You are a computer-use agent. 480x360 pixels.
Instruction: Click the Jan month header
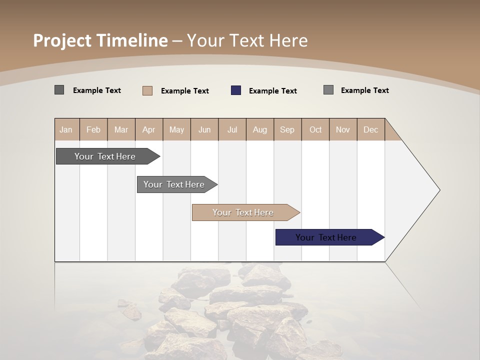click(x=66, y=129)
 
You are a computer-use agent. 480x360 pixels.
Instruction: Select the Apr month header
click(x=148, y=129)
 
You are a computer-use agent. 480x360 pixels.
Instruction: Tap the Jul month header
click(x=232, y=129)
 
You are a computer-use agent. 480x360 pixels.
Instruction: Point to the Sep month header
click(x=287, y=129)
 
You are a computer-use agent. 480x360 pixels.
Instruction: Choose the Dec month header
click(x=370, y=129)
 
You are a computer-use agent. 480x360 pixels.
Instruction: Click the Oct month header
click(x=315, y=129)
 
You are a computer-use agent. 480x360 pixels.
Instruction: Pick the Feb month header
click(x=93, y=129)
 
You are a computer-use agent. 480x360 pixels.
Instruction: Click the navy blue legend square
click(x=236, y=90)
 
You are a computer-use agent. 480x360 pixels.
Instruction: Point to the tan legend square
click(x=147, y=90)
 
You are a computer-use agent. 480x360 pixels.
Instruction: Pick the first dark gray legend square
click(x=59, y=90)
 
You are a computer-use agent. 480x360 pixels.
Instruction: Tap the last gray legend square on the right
click(x=328, y=90)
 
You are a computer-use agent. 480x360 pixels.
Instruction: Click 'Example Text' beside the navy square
click(x=272, y=91)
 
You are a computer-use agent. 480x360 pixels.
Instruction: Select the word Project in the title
click(x=62, y=40)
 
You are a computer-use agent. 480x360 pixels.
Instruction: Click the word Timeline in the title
click(x=132, y=40)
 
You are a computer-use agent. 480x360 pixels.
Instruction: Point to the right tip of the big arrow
click(x=439, y=190)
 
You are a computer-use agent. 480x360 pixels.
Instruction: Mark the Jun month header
click(x=204, y=129)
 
